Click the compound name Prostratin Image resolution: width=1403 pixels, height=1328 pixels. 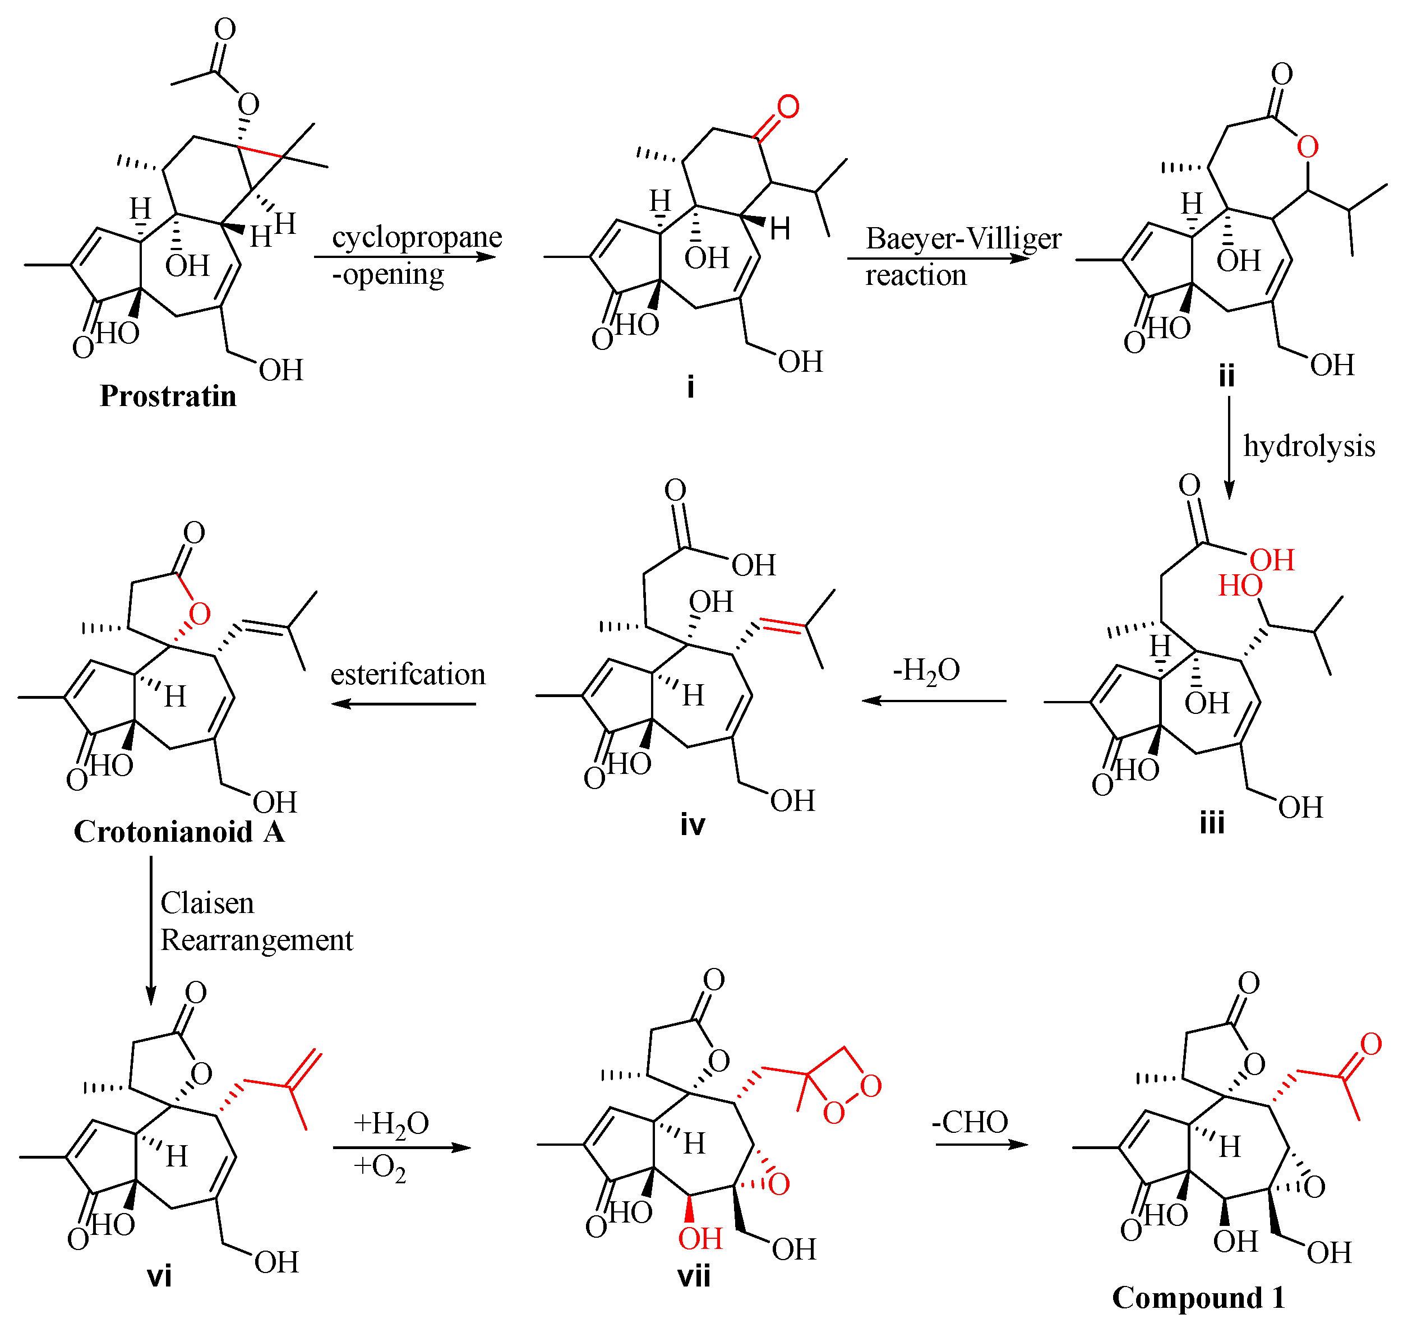click(168, 396)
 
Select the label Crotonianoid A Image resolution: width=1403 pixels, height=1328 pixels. click(179, 831)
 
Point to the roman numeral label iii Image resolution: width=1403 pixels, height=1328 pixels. click(1212, 823)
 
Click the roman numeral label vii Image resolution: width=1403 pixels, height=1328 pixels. click(694, 1276)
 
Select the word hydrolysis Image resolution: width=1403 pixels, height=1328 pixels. click(1309, 446)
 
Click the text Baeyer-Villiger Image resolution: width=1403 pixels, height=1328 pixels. click(963, 238)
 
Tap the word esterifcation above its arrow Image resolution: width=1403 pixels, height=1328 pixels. click(408, 674)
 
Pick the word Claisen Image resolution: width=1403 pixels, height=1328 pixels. click(207, 903)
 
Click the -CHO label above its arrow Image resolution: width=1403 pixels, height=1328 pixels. click(970, 1123)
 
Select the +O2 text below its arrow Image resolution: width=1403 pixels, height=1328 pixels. click(380, 1166)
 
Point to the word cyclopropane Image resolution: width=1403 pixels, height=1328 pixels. click(417, 237)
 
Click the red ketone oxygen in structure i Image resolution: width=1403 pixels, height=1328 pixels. click(788, 107)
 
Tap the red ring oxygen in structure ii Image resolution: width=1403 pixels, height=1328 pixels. click(1308, 147)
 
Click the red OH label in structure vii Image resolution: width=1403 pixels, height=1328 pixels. click(700, 1238)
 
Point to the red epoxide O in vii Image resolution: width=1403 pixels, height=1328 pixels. click(779, 1183)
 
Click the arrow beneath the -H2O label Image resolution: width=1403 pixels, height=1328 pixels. click(934, 701)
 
